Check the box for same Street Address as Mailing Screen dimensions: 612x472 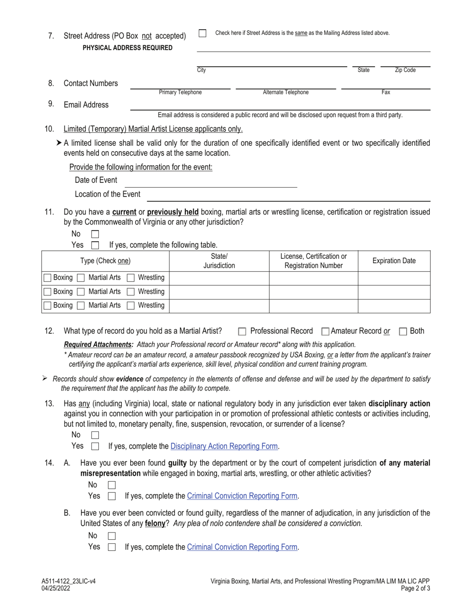(x=202, y=33)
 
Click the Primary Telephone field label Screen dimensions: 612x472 (x=180, y=93)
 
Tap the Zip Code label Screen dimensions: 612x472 (x=405, y=70)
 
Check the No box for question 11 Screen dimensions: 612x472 (x=95, y=234)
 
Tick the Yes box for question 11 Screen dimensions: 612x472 (x=95, y=245)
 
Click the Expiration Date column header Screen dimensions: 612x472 (x=394, y=261)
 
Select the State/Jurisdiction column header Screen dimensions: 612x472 (x=219, y=261)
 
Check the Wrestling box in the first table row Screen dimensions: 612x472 (x=131, y=278)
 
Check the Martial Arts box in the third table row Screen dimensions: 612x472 (x=81, y=306)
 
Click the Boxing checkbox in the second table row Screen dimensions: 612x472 (x=47, y=292)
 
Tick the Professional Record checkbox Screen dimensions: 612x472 (x=242, y=331)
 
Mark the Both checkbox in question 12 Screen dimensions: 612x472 (x=403, y=331)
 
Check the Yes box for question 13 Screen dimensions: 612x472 (x=95, y=446)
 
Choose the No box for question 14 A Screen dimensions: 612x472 (x=112, y=485)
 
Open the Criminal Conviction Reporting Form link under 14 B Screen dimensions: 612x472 (x=242, y=547)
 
